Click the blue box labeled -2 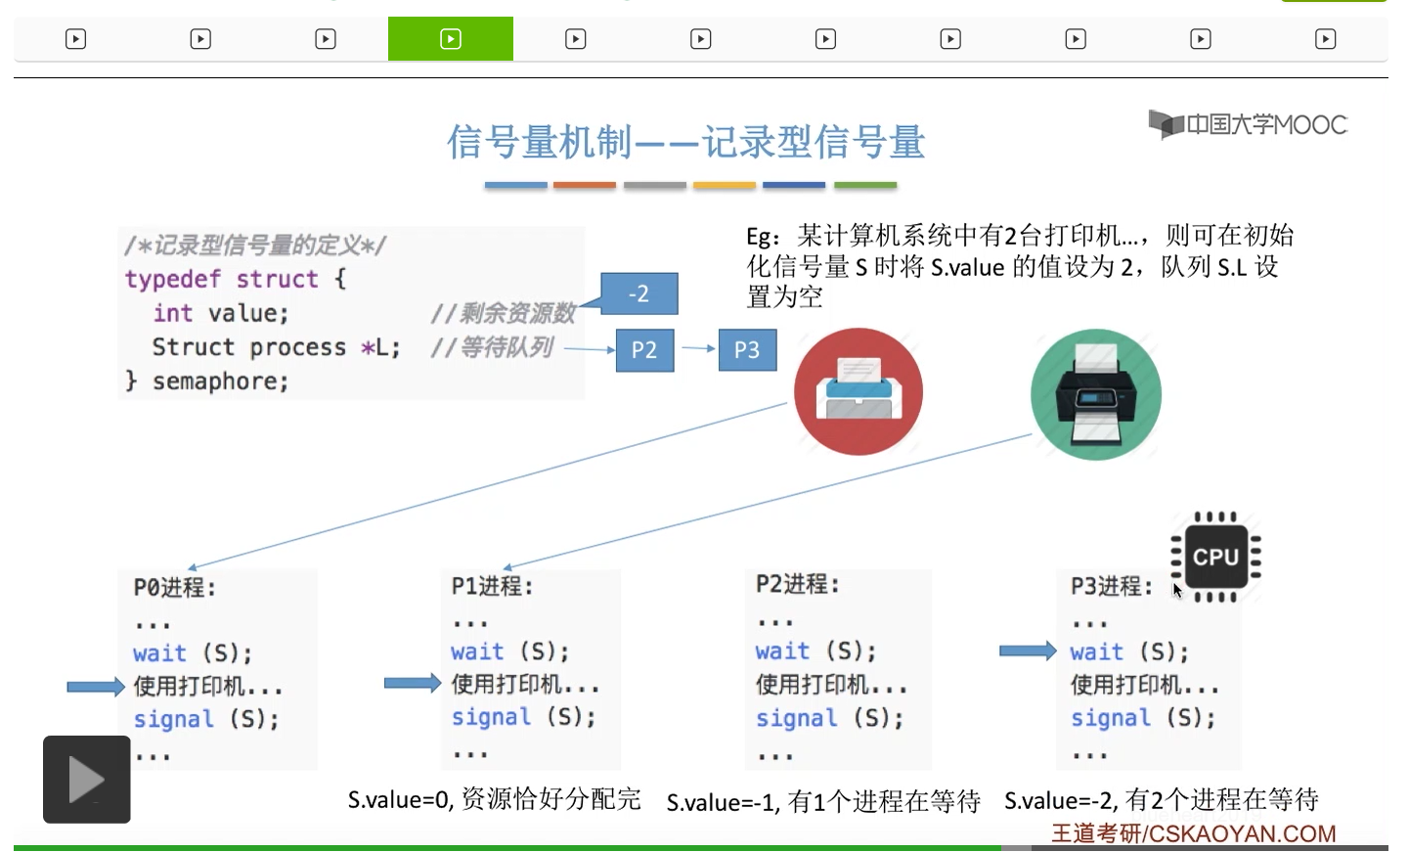[x=638, y=293]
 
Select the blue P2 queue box [x=644, y=350]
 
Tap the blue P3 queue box [x=747, y=350]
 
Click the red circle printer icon [x=858, y=391]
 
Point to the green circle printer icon [x=1095, y=394]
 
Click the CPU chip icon [x=1215, y=557]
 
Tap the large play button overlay [x=86, y=780]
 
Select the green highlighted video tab [x=450, y=39]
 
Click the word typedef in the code [x=172, y=280]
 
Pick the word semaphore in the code [x=220, y=381]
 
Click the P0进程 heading [x=174, y=588]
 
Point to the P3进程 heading [x=1111, y=587]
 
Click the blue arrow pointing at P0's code [x=95, y=687]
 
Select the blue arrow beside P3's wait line [x=1027, y=650]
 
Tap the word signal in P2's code [x=796, y=719]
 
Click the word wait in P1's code [x=477, y=652]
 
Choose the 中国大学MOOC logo [x=1248, y=125]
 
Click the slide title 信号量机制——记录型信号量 [x=685, y=143]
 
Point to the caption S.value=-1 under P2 [x=822, y=803]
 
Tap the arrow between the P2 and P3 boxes [x=697, y=348]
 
